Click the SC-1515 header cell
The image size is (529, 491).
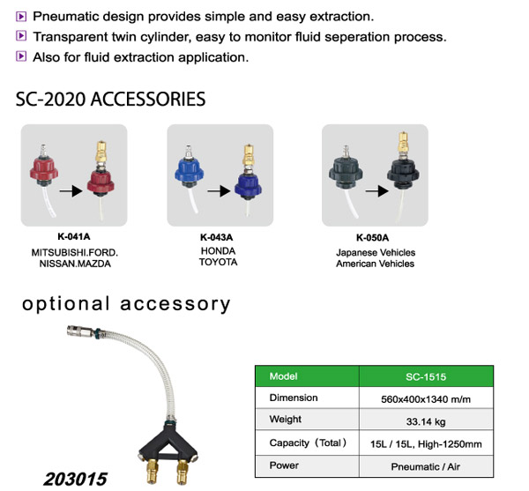pyautogui.click(x=426, y=376)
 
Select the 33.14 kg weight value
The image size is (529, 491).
pyautogui.click(x=426, y=421)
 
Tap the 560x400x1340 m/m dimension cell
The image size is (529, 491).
pyautogui.click(x=426, y=399)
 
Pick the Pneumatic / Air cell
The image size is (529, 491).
pyautogui.click(x=426, y=466)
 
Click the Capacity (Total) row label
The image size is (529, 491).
pyautogui.click(x=308, y=443)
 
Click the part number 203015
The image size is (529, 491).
pyautogui.click(x=75, y=480)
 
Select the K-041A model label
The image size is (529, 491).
pyautogui.click(x=74, y=236)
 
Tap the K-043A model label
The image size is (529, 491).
pyautogui.click(x=217, y=237)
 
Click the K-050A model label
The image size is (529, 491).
pyautogui.click(x=372, y=238)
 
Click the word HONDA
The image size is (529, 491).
pyautogui.click(x=219, y=251)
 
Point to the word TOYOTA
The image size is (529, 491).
pyautogui.click(x=219, y=262)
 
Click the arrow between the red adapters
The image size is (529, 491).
pyautogui.click(x=71, y=191)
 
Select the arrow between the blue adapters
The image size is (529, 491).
pyautogui.click(x=219, y=191)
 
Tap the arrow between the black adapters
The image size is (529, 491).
pyautogui.click(x=376, y=191)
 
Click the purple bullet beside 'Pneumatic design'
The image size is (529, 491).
pyautogui.click(x=21, y=16)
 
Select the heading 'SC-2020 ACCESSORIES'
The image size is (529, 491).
pyautogui.click(x=111, y=99)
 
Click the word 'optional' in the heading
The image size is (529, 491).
pyautogui.click(x=66, y=304)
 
